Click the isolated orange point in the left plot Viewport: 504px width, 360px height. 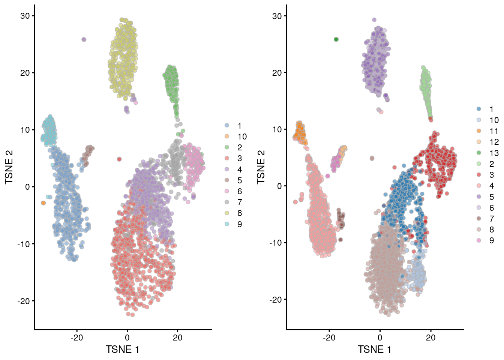tap(43, 203)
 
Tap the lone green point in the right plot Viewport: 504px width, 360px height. tap(336, 39)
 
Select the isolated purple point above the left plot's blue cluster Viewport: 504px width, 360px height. tap(84, 39)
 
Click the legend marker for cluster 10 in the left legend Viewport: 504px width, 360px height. tap(227, 136)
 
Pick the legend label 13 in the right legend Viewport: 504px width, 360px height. tap(494, 153)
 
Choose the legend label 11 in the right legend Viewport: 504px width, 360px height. tap(494, 131)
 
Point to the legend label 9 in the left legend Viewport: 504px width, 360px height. tap(240, 224)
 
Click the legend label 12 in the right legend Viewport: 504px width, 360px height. tap(494, 142)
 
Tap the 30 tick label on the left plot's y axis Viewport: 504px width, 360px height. tap(25, 16)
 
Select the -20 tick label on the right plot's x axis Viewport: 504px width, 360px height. tap(329, 337)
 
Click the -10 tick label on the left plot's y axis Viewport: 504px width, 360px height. tap(24, 244)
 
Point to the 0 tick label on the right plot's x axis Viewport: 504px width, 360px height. tap(380, 337)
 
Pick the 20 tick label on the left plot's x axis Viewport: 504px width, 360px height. tap(178, 337)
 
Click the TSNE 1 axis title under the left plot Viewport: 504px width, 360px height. tap(123, 350)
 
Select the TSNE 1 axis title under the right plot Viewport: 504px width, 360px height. tap(375, 350)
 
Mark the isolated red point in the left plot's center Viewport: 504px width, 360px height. tap(119, 159)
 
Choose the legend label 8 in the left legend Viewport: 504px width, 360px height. tap(240, 213)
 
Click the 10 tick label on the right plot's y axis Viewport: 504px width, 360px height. tap(277, 130)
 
